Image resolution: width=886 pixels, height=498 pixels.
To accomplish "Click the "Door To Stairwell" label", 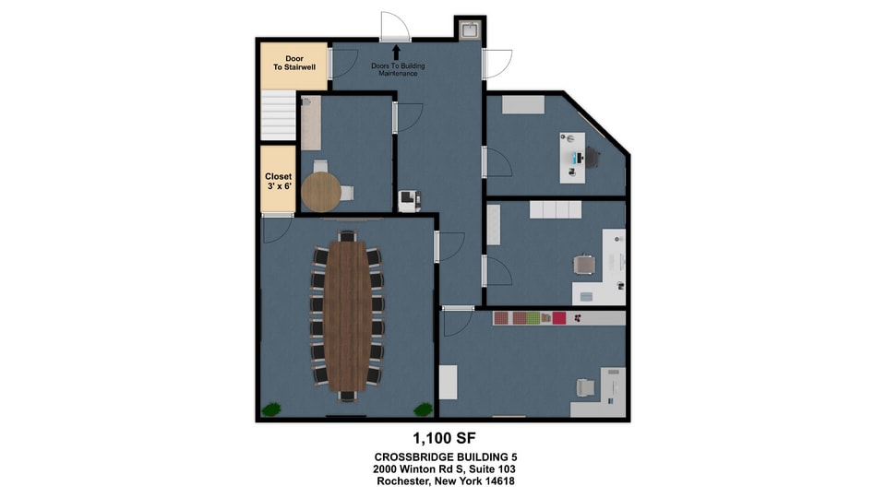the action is (294, 63).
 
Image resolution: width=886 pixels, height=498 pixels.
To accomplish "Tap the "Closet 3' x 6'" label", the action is (279, 182).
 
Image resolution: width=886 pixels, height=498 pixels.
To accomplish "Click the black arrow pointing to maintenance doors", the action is (396, 53).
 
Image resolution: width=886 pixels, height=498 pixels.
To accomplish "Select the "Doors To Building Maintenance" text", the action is (398, 69).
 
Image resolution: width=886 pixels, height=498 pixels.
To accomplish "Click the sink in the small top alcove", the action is (470, 30).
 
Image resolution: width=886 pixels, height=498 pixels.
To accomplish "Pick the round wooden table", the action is (321, 192).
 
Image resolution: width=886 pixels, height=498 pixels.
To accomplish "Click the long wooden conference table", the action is (348, 315).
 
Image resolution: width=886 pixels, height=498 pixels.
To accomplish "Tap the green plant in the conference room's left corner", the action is (271, 409).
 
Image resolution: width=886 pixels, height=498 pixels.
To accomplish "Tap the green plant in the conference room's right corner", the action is (423, 409).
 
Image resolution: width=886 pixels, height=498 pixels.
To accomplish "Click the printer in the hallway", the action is (409, 201).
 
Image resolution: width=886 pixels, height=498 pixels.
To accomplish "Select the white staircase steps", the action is (278, 115).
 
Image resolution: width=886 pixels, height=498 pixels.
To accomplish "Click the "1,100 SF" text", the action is (444, 438).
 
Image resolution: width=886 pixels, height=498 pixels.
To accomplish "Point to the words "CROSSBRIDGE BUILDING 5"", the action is (445, 456).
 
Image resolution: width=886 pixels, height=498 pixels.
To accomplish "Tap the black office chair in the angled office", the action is (591, 157).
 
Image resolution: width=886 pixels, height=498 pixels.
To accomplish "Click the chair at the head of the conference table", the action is (348, 236).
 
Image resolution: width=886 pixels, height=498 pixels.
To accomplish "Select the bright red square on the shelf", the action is (559, 318).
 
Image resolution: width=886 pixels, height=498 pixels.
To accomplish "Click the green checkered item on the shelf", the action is (533, 318).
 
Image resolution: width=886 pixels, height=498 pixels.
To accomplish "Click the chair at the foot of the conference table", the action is (348, 396).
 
